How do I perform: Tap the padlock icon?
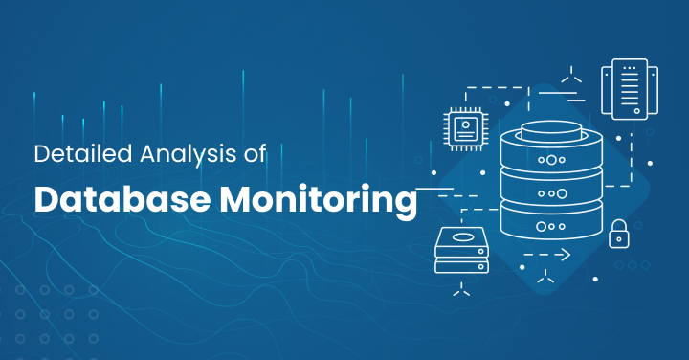(x=619, y=233)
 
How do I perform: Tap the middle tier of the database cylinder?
(x=550, y=191)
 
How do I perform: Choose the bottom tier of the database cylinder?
(x=550, y=226)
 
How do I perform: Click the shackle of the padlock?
(x=619, y=224)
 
